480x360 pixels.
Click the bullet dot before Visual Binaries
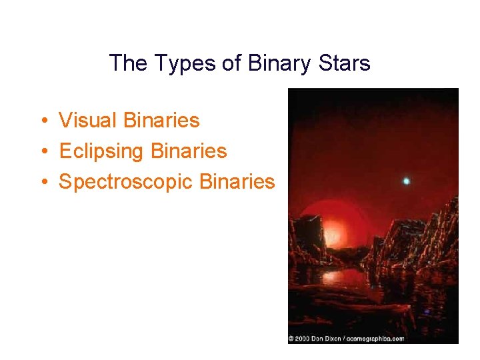click(42, 121)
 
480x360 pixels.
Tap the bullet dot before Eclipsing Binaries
click(42, 151)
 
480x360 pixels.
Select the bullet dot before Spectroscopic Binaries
click(42, 182)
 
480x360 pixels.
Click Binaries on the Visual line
click(163, 121)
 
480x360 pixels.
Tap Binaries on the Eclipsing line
click(189, 151)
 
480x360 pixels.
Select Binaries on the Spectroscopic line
click(237, 182)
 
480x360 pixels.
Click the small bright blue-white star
click(406, 181)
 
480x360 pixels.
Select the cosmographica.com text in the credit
click(376, 339)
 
